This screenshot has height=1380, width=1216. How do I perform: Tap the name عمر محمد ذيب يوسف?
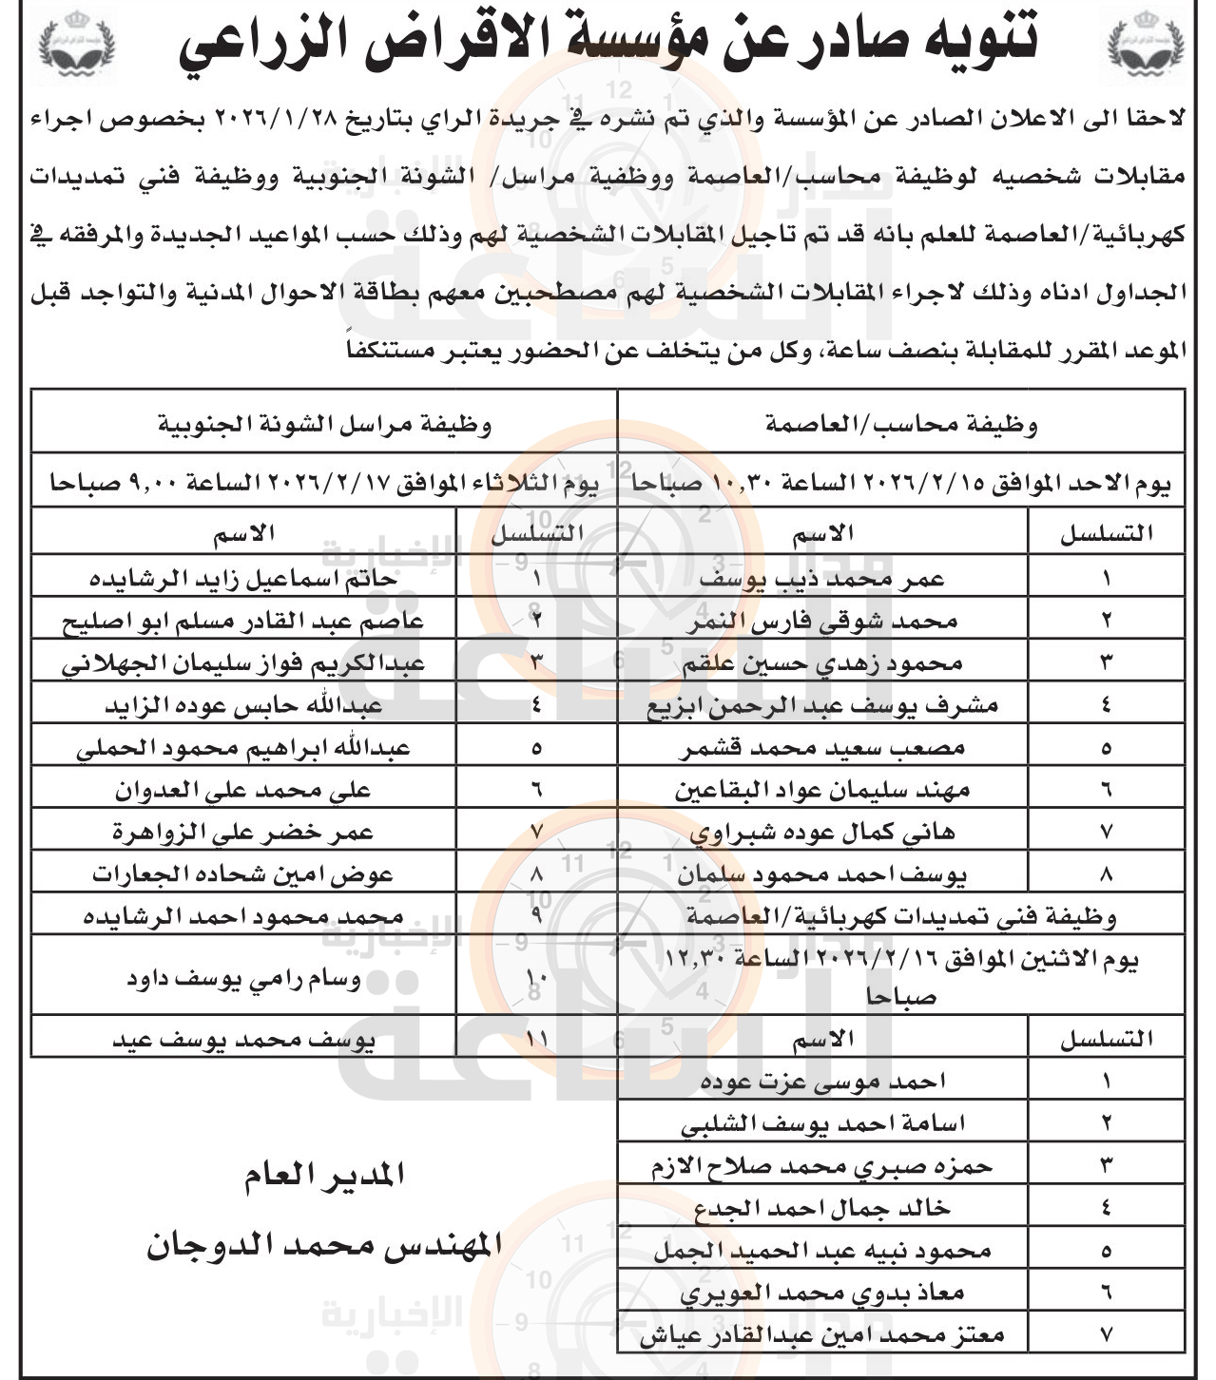(x=821, y=578)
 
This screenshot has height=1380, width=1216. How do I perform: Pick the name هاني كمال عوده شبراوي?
(x=821, y=833)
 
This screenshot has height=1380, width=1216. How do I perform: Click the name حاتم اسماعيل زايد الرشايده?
(x=243, y=578)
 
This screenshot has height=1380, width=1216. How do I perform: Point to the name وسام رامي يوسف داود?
(x=243, y=979)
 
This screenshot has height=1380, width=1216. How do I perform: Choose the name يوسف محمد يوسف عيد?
(x=243, y=1040)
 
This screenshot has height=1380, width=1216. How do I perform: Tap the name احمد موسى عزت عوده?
(x=821, y=1082)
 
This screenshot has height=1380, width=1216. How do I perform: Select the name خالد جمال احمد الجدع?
(x=821, y=1208)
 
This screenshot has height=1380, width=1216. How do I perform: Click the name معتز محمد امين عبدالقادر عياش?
(x=821, y=1335)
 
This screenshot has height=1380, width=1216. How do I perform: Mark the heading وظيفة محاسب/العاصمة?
(x=901, y=425)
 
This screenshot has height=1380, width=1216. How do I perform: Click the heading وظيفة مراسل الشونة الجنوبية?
(x=324, y=425)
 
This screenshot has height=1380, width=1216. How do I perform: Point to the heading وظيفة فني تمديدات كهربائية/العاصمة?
(x=901, y=916)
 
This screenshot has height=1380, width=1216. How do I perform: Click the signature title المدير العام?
(x=324, y=1176)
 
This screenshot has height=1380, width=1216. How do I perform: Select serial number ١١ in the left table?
(x=536, y=1040)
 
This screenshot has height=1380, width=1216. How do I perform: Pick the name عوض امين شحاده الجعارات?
(x=243, y=874)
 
